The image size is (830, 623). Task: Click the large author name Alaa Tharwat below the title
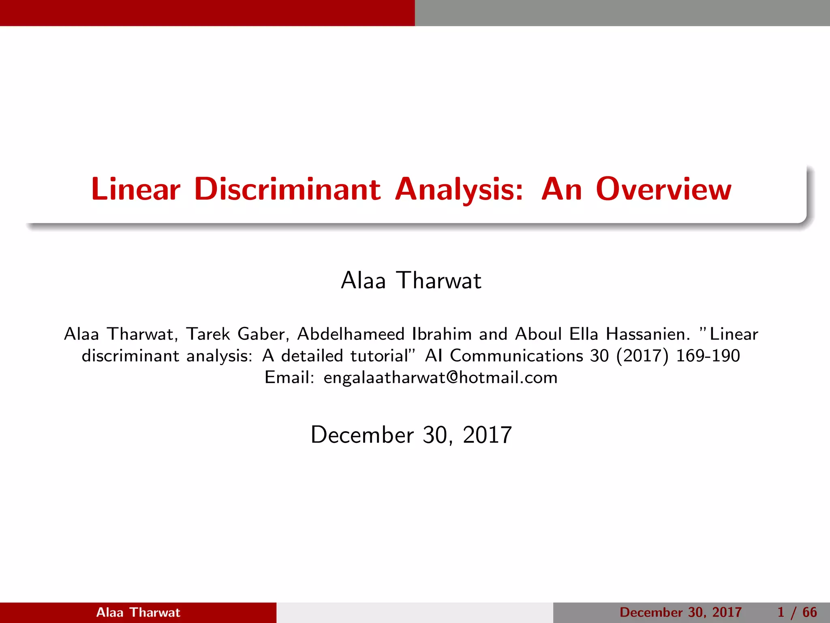(411, 280)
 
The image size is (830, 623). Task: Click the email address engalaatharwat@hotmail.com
(441, 378)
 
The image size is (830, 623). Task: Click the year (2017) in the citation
(642, 356)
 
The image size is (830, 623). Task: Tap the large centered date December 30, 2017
(411, 435)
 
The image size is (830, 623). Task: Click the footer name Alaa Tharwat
(138, 612)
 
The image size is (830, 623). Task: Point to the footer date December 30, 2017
(680, 612)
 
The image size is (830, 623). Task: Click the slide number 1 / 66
(797, 612)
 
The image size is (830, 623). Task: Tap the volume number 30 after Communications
(599, 356)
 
